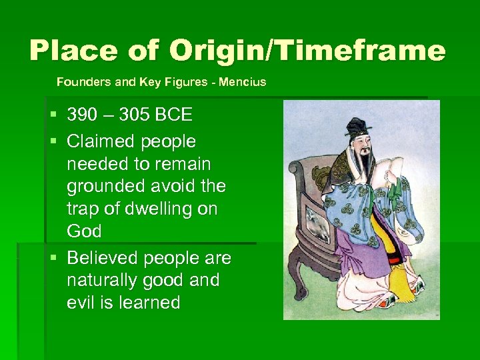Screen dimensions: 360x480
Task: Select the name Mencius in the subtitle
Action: coord(244,82)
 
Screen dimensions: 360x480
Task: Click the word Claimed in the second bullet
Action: coord(98,141)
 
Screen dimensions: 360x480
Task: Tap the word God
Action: coord(84,231)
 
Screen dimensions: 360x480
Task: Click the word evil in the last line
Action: coord(81,302)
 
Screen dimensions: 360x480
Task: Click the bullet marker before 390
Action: coord(54,115)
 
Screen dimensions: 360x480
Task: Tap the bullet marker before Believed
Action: coord(54,258)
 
